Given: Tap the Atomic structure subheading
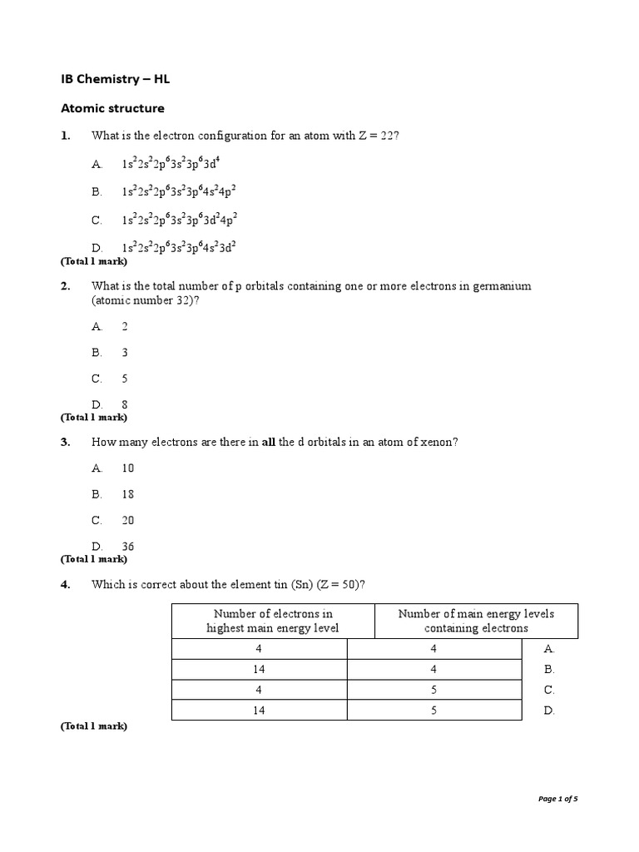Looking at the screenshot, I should tap(112, 108).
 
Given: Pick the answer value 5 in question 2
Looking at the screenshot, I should tap(125, 379).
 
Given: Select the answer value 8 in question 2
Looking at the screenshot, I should tap(125, 405).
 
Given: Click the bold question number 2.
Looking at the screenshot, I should tap(65, 286).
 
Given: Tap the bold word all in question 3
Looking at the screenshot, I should tap(268, 443).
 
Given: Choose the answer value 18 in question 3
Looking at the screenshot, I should tap(127, 494).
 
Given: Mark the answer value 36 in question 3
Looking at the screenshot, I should tap(127, 547).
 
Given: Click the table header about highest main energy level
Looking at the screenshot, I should tap(273, 621).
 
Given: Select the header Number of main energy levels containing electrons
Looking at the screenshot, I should tap(476, 621).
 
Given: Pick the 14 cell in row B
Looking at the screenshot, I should tap(260, 669).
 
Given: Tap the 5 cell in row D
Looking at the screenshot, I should tap(435, 711).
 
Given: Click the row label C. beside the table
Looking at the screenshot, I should tap(548, 690).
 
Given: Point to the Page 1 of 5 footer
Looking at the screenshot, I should tap(557, 800).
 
